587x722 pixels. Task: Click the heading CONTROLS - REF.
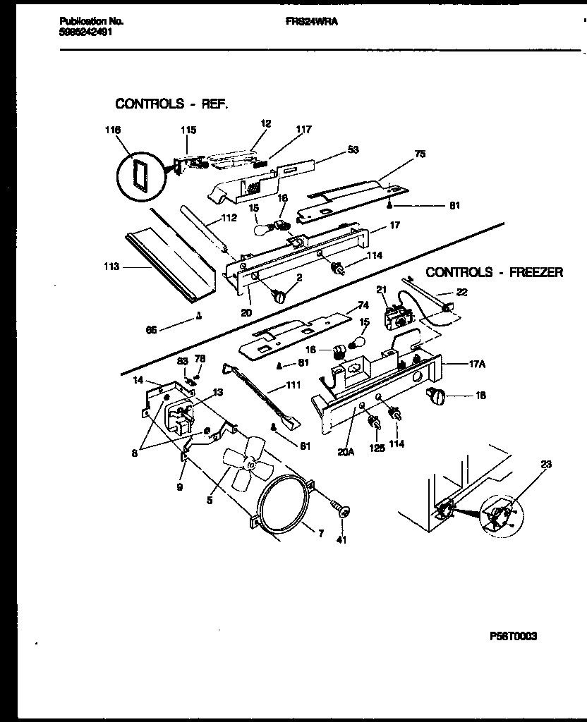(x=171, y=104)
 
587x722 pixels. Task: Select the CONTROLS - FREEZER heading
(x=495, y=272)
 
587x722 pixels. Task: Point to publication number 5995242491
(x=83, y=32)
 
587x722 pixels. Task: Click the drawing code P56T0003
(x=513, y=636)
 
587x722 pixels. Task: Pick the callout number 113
(x=111, y=267)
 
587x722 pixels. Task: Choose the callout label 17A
(x=478, y=365)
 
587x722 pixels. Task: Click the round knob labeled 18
(x=433, y=397)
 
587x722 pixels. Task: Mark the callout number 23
(x=545, y=465)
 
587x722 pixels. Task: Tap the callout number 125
(x=377, y=447)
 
